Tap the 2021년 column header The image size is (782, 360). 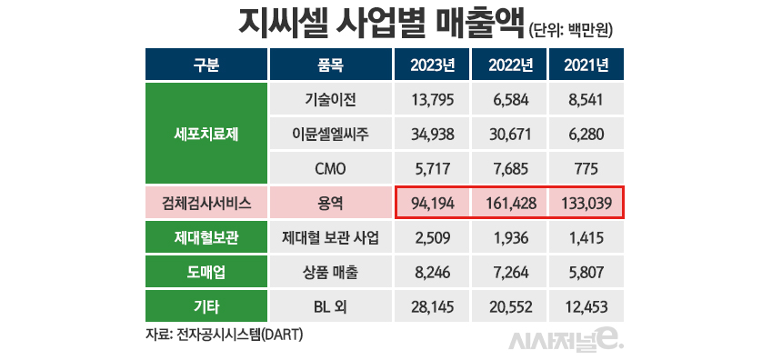586,65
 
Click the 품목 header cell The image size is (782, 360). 330,65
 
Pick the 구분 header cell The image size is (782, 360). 206,65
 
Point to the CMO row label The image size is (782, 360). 330,168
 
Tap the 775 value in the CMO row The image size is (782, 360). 586,168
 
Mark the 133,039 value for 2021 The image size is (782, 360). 586,203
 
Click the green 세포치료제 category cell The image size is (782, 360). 206,134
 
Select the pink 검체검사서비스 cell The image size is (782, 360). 206,203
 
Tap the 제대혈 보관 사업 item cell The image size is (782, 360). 330,237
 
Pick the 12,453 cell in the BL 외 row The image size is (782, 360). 586,306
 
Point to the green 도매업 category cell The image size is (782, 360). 206,272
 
